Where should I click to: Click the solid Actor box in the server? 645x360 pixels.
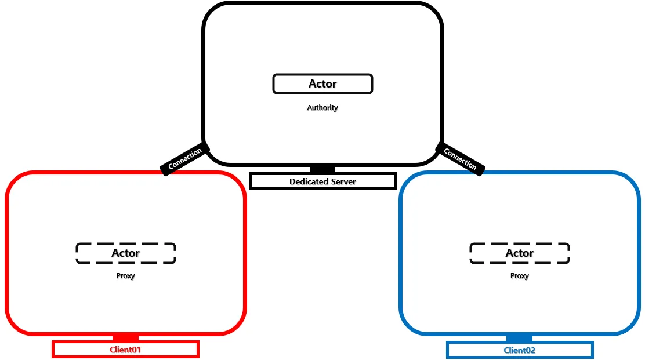[x=322, y=84]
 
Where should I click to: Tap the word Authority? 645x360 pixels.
[x=322, y=108]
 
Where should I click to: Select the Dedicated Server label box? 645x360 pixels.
[x=322, y=181]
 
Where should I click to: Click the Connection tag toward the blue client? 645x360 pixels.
[x=461, y=159]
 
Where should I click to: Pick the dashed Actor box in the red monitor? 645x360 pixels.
[x=126, y=253]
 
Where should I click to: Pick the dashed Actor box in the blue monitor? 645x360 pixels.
[x=520, y=253]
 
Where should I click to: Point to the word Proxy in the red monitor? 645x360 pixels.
[x=125, y=276]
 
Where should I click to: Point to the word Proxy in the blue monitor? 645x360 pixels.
[x=520, y=276]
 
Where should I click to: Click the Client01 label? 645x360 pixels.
[x=125, y=350]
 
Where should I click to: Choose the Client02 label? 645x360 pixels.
[x=520, y=350]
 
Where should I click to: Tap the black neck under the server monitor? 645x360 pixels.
[x=322, y=169]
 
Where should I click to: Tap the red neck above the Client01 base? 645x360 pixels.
[x=125, y=337]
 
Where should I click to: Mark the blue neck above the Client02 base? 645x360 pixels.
[x=520, y=338]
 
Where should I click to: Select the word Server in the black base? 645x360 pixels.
[x=343, y=181]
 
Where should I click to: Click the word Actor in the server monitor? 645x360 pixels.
[x=322, y=84]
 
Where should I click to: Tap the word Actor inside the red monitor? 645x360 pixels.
[x=126, y=253]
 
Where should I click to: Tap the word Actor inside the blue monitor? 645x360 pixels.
[x=520, y=253]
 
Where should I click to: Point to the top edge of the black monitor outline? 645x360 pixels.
[x=322, y=3]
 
